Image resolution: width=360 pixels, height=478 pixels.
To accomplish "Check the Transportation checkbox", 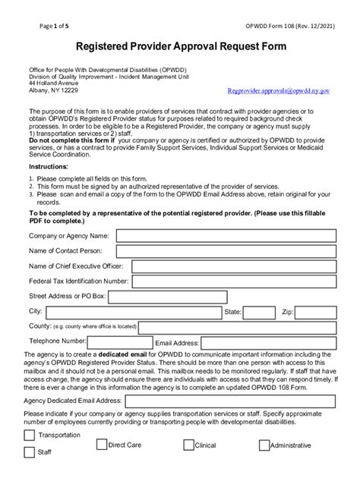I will coord(29,436).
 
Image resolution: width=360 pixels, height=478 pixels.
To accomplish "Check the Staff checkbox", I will coord(29,453).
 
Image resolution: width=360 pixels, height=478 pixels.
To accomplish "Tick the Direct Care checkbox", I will coord(99,445).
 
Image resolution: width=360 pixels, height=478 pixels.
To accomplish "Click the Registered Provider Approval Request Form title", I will coord(180,46).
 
